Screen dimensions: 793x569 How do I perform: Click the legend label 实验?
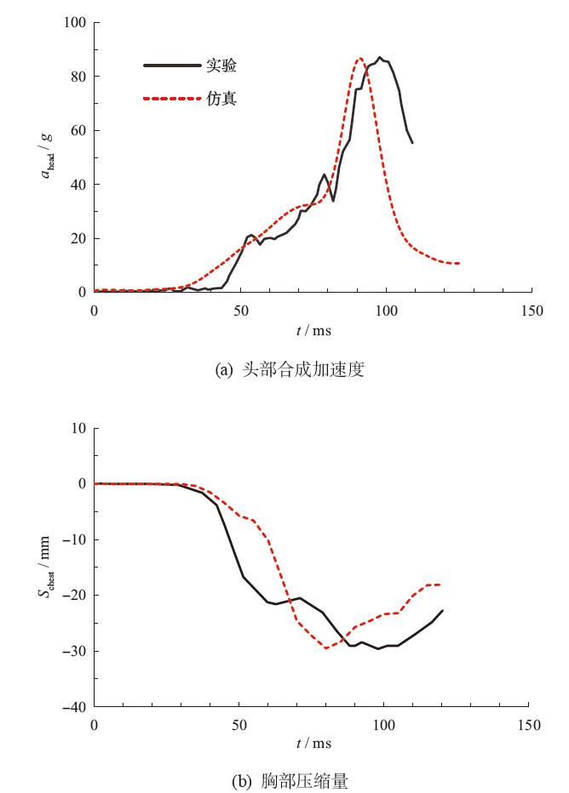click(x=221, y=65)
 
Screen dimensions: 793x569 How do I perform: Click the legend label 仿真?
click(x=221, y=99)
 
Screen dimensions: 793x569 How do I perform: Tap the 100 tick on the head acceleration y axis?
click(x=76, y=22)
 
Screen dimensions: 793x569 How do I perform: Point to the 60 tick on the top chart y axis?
click(x=79, y=130)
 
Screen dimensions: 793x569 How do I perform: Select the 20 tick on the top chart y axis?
click(x=79, y=238)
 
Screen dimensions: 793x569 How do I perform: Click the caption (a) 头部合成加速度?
click(x=290, y=370)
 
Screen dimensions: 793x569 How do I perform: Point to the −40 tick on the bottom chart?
click(x=75, y=707)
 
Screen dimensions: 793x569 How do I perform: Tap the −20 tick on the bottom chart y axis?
click(x=75, y=596)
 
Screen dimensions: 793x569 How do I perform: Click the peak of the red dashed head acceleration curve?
click(x=360, y=58)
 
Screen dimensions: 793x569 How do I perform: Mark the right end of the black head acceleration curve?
click(x=412, y=142)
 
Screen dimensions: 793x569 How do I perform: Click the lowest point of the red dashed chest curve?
click(x=325, y=648)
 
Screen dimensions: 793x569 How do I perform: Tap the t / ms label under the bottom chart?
click(x=313, y=744)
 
